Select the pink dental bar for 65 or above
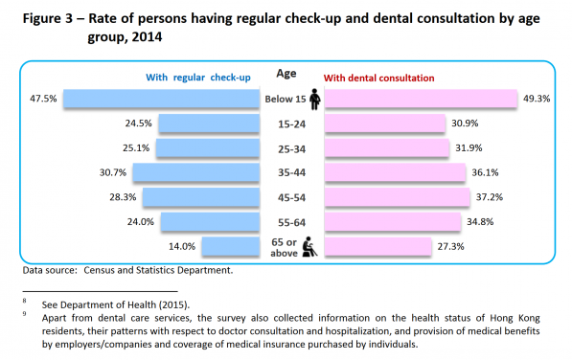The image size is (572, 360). pos(377,245)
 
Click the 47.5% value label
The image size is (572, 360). pos(43,98)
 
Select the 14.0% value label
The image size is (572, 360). pos(182,246)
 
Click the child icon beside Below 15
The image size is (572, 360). pos(315,98)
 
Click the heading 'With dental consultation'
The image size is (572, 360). pos(379,78)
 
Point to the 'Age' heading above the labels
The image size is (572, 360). pos(286,73)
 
